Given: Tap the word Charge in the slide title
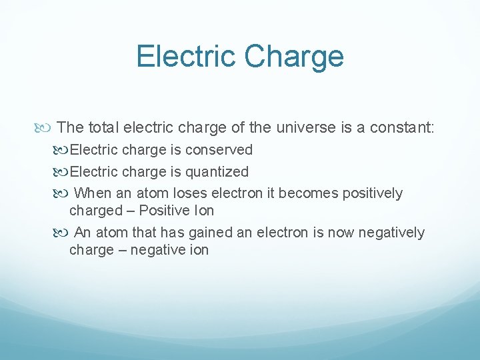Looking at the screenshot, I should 294,57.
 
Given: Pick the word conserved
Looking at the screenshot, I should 219,149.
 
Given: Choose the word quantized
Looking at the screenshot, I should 217,171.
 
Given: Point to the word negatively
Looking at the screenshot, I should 391,233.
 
